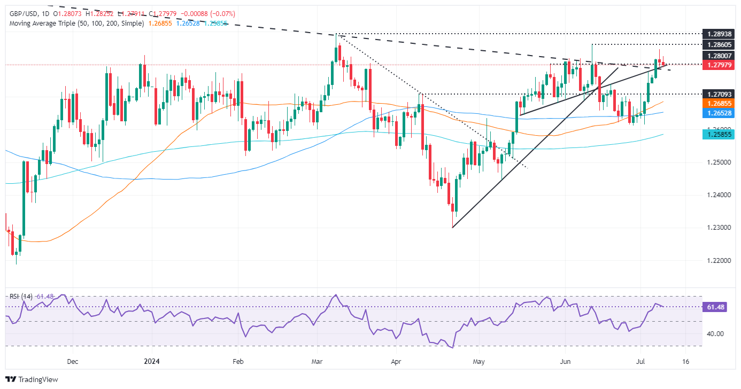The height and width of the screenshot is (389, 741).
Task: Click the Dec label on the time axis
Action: [73, 361]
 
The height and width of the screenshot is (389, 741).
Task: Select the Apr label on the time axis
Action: [396, 361]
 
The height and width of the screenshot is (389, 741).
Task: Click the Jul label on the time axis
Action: [643, 361]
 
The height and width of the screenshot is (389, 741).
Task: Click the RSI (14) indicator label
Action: [19, 295]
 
